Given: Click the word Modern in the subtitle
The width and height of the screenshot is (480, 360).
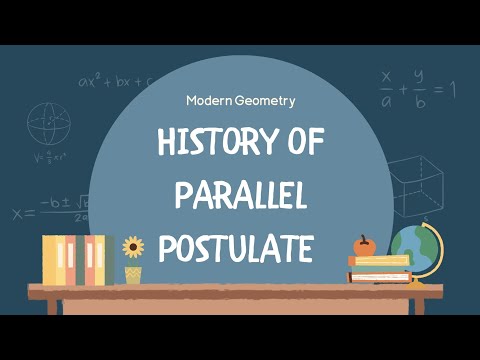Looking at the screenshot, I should click(x=211, y=100).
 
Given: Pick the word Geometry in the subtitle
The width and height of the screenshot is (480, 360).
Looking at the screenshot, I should click(x=267, y=100).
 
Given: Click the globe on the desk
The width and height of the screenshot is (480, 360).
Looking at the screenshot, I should click(x=414, y=250).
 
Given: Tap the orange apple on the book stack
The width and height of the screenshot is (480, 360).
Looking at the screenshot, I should click(x=364, y=245).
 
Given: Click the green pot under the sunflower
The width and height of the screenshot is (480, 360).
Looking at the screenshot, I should click(x=133, y=274).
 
